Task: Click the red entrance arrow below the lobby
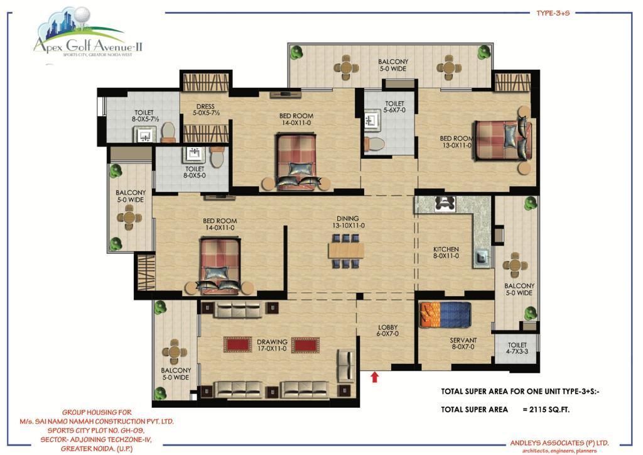(374, 376)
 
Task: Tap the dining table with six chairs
(347, 251)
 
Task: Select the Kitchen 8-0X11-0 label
(446, 252)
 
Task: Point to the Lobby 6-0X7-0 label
(387, 331)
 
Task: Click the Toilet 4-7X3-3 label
(517, 348)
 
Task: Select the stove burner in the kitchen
(445, 204)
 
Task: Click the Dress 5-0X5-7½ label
(205, 109)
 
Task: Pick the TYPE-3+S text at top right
(553, 13)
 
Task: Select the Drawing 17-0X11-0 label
(272, 345)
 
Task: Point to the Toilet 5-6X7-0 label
(394, 107)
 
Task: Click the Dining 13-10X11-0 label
(348, 222)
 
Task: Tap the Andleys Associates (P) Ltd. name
(559, 442)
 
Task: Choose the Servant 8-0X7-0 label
(463, 343)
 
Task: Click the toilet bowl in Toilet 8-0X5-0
(217, 157)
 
